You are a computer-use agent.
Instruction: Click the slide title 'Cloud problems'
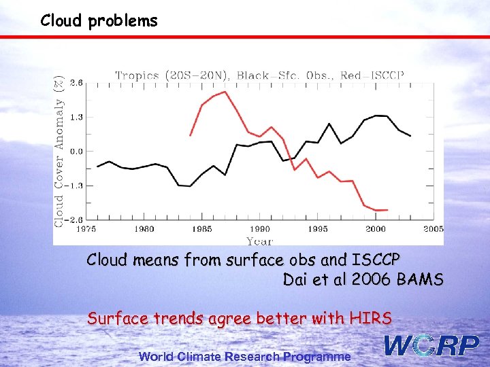tap(99, 20)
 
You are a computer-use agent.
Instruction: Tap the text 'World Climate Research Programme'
tap(245, 357)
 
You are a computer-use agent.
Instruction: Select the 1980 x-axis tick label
tap(144, 229)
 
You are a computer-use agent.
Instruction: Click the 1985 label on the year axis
tap(202, 229)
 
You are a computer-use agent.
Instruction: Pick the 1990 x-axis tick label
tap(260, 229)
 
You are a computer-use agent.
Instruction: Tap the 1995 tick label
tap(318, 229)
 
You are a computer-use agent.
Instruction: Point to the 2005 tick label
tap(433, 229)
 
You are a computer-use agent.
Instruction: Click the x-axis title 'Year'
tap(259, 240)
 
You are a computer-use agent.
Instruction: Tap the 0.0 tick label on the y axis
tap(76, 151)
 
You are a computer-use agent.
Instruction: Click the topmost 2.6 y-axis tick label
tap(76, 82)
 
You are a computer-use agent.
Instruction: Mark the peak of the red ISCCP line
tap(225, 92)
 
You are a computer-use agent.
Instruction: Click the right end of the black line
tap(410, 136)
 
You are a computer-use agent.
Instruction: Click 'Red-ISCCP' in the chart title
tap(375, 75)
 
